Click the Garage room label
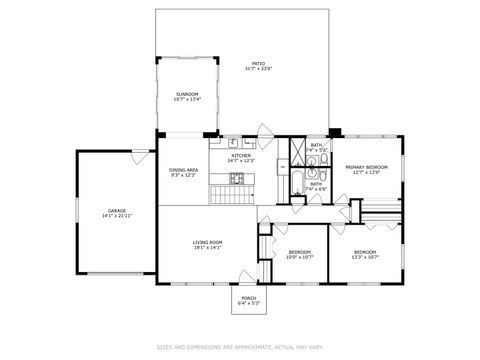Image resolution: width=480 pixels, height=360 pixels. tap(117, 211)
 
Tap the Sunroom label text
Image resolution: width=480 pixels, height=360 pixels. tap(187, 94)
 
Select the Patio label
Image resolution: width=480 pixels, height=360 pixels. tap(258, 63)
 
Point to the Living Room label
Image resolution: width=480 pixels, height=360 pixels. tap(208, 242)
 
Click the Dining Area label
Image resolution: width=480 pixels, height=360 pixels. tap(183, 170)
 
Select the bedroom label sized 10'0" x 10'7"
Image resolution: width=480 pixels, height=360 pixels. tap(300, 252)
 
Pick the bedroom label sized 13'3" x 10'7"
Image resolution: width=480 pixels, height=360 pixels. tap(364, 252)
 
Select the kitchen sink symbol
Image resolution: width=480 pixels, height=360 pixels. tap(230, 141)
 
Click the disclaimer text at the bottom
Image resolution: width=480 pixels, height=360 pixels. tap(240, 348)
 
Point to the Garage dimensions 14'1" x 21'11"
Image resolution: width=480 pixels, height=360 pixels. tap(117, 216)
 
